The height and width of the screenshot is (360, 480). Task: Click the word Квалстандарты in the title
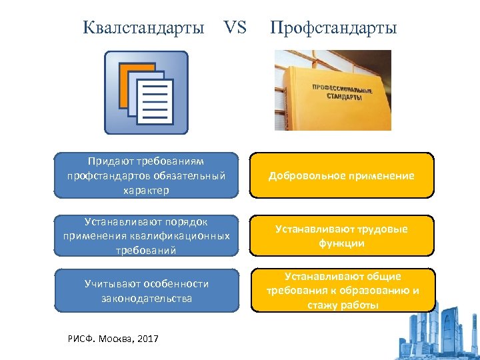144,28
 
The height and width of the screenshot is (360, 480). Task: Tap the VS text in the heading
235,28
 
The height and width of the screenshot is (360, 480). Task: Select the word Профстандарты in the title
333,28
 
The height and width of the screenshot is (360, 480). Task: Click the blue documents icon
146,93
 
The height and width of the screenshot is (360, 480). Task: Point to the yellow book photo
333,90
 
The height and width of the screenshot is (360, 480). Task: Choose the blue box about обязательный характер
146,175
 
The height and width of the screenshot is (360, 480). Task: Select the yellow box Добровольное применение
341,176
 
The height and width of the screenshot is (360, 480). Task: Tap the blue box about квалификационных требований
146,236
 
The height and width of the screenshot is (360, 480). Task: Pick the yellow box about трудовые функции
341,236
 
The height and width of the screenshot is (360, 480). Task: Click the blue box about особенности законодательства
146,291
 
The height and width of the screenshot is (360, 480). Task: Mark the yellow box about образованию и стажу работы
343,291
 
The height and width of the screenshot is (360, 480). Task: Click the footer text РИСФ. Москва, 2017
113,339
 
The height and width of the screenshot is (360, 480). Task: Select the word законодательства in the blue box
146,298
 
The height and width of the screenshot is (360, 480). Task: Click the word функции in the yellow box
342,243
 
